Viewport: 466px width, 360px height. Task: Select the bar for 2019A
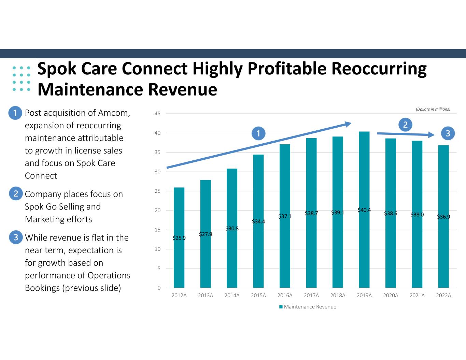(364, 210)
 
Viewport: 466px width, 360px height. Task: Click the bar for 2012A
(179, 237)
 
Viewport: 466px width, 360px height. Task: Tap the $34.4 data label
(258, 221)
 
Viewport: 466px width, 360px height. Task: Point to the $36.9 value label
(443, 217)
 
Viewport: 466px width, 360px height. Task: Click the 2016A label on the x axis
(285, 295)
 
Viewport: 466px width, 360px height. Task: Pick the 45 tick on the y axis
(157, 114)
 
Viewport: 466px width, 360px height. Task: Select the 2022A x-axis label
(443, 295)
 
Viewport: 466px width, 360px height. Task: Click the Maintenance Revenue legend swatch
(281, 307)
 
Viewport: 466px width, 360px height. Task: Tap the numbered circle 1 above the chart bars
(258, 133)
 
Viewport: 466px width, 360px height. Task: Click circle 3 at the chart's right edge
(448, 133)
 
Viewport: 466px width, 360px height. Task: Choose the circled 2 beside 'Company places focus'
(16, 193)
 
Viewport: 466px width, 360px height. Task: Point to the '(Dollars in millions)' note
(433, 109)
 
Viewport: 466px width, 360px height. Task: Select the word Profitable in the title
(287, 69)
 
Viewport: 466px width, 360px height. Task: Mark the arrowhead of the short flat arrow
(431, 134)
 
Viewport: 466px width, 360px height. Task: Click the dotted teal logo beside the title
(21, 78)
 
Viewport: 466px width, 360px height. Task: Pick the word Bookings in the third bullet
(42, 288)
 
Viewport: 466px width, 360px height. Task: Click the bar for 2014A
(232, 228)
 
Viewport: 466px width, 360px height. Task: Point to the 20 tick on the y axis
(157, 211)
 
